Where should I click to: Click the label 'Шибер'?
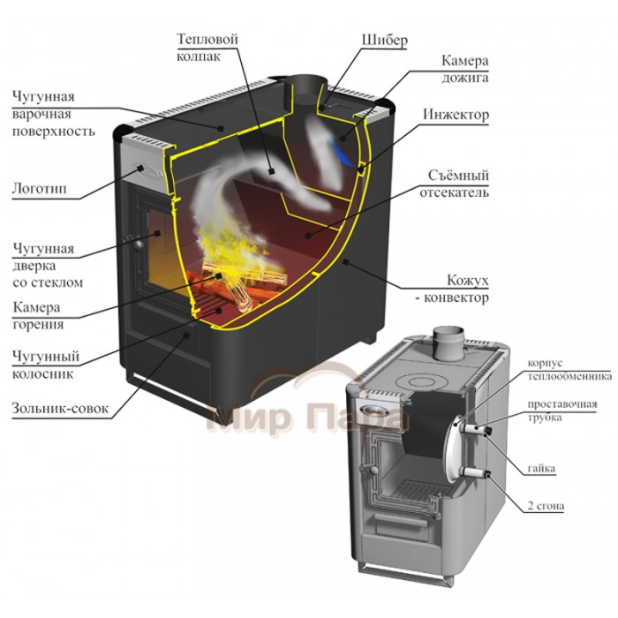point(384,41)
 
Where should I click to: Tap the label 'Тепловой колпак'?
point(208,50)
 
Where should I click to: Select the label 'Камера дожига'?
point(465,70)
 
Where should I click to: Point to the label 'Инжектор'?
point(456,116)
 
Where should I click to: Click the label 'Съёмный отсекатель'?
point(456,185)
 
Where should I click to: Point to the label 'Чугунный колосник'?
point(46,366)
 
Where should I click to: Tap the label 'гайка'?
point(541,469)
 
